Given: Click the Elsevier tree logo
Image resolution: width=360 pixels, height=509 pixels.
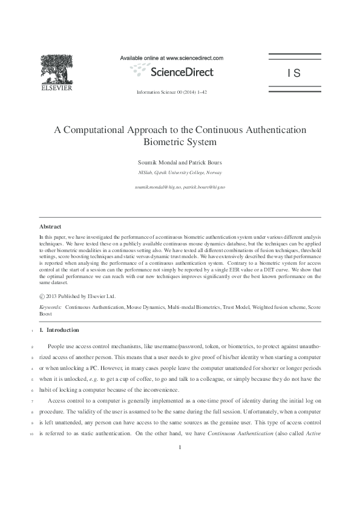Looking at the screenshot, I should pyautogui.click(x=56, y=68).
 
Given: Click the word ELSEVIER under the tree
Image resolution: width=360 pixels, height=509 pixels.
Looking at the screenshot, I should pyautogui.click(x=56, y=88).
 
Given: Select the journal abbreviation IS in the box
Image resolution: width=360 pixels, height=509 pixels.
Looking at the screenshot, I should pyautogui.click(x=294, y=74).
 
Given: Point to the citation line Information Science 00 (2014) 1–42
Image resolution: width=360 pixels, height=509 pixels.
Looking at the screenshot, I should pyautogui.click(x=172, y=92).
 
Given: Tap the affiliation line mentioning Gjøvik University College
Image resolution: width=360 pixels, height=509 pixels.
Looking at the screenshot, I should pyautogui.click(x=180, y=173).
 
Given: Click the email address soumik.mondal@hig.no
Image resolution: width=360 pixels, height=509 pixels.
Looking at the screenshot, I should pyautogui.click(x=157, y=187).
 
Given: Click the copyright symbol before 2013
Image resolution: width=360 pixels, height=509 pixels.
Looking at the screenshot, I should pyautogui.click(x=42, y=296).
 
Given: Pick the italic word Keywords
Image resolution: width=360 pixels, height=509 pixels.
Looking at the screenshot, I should pyautogui.click(x=50, y=308).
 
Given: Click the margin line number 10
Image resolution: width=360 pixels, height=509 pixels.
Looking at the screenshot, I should pyautogui.click(x=30, y=434).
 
